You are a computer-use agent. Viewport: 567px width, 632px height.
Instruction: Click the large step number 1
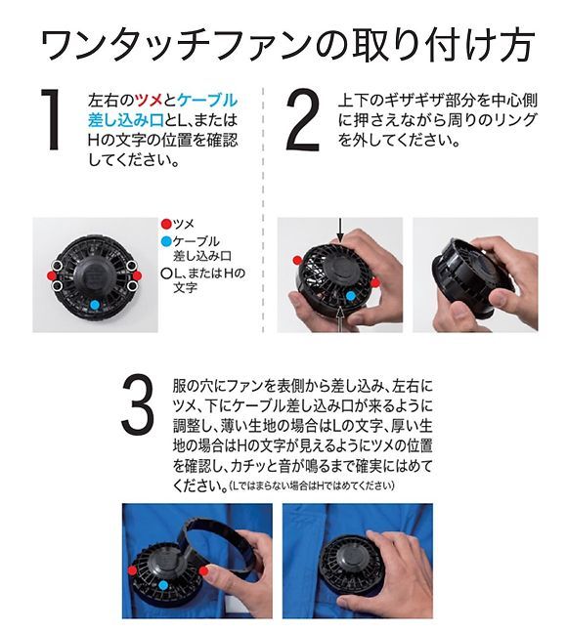point(52,120)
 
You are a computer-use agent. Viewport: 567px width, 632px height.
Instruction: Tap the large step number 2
point(303,120)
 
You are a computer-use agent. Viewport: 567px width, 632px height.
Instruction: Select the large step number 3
point(138,404)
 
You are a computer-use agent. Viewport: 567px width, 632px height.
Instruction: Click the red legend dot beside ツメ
point(166,224)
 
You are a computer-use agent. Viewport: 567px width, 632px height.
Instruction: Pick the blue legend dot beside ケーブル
point(166,241)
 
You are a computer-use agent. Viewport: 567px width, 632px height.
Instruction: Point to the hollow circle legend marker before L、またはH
point(166,274)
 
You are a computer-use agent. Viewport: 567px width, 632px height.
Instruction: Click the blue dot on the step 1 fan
point(95,305)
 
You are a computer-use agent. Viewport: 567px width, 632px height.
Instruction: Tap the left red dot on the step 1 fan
point(52,275)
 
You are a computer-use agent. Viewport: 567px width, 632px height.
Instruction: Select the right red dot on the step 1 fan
point(137,275)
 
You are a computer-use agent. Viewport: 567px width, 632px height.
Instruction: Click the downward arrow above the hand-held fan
point(341,230)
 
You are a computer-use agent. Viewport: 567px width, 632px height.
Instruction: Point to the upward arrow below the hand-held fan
point(341,318)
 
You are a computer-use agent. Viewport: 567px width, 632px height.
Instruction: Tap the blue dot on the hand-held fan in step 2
point(350,296)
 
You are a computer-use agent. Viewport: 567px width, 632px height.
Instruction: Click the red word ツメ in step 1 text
point(149,100)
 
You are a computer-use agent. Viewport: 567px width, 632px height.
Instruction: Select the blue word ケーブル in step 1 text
point(207,100)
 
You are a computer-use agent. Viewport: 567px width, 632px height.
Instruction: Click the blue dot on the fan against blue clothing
point(163,585)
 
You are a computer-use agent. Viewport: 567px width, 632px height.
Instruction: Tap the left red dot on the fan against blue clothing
point(132,570)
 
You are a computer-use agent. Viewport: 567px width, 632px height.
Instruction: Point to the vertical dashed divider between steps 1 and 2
point(263,210)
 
